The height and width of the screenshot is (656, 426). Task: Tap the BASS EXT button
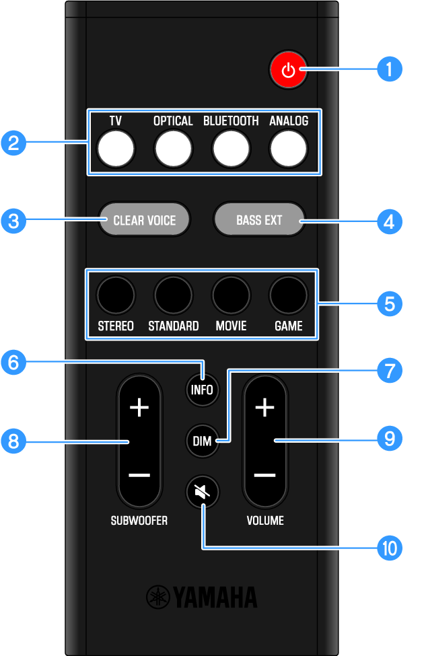click(x=259, y=220)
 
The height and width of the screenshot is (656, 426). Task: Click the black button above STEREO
click(x=116, y=295)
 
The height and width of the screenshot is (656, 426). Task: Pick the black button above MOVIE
click(x=231, y=295)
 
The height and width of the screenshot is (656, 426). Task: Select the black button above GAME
click(x=288, y=295)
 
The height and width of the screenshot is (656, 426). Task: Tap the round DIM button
click(x=203, y=441)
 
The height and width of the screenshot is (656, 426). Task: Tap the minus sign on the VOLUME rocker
click(x=265, y=475)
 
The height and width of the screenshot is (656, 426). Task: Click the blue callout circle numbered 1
click(x=389, y=69)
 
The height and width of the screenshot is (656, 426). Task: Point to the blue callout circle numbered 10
click(x=389, y=548)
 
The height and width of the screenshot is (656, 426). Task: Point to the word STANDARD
click(x=173, y=326)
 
